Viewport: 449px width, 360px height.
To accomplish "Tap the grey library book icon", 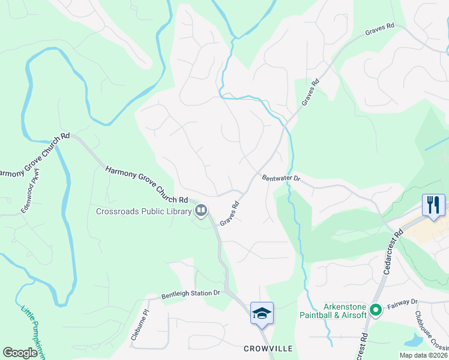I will point(201,211).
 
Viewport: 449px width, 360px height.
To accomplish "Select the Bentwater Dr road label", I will point(281,179).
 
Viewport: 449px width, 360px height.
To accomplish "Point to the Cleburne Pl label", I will point(139,325).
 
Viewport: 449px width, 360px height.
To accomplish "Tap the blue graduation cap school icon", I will point(262,313).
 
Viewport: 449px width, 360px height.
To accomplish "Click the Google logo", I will point(20,352).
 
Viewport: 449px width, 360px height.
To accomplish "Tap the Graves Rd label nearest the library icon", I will point(229,213).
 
